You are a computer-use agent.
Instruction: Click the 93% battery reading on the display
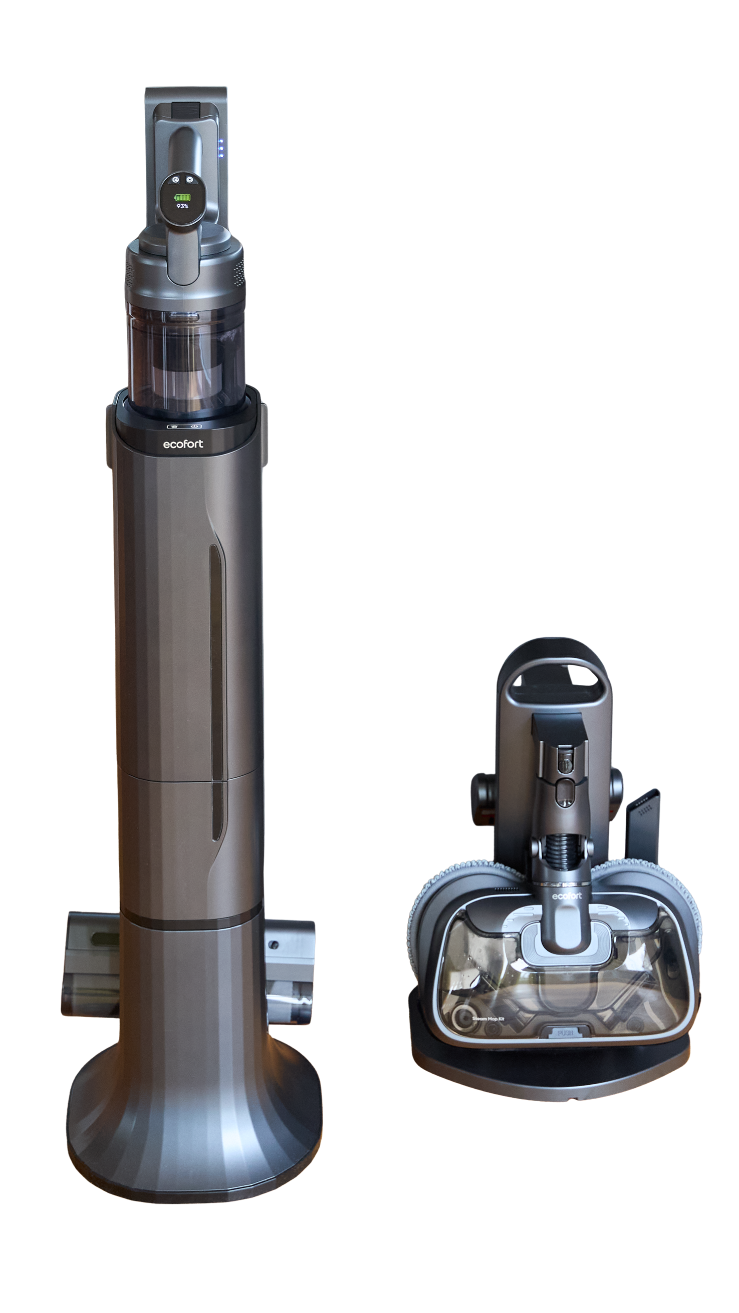[182, 206]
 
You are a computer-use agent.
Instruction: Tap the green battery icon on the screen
[182, 197]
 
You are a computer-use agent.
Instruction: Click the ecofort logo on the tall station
[183, 444]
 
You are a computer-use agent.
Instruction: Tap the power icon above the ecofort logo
[193, 426]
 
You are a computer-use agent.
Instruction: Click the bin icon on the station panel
[173, 426]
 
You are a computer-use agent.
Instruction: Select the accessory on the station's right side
[290, 965]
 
